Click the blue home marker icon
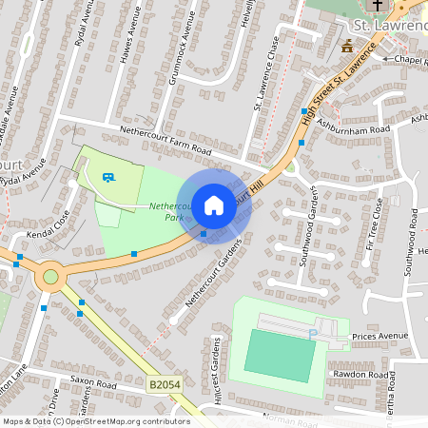pyautogui.click(x=214, y=204)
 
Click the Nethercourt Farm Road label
pyautogui.click(x=164, y=140)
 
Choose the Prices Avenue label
pyautogui.click(x=379, y=337)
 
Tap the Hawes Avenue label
pyautogui.click(x=130, y=39)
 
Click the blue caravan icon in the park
pyautogui.click(x=109, y=177)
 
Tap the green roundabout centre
pyautogui.click(x=50, y=278)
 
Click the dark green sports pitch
pyautogui.click(x=280, y=356)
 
